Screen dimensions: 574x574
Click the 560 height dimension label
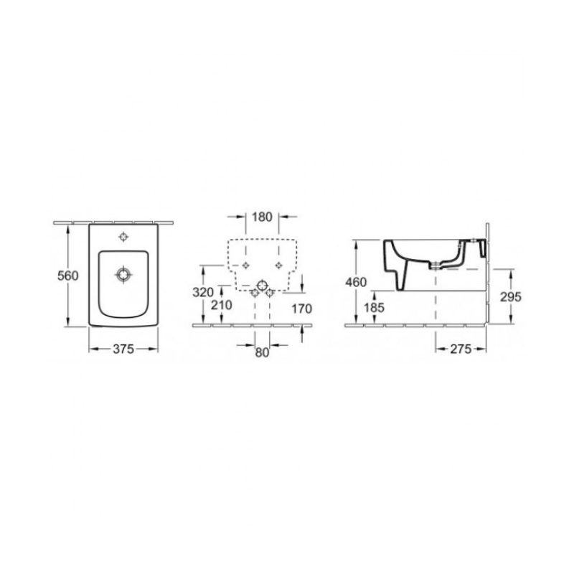point(68,276)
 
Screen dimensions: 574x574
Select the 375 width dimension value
point(123,349)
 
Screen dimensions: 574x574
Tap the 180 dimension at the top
point(262,217)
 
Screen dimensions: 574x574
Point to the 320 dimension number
point(203,292)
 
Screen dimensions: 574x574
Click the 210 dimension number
point(222,304)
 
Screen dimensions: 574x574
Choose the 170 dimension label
point(301,309)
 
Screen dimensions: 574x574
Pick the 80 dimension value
point(262,352)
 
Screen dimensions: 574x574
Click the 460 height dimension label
point(356,282)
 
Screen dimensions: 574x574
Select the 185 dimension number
point(374,308)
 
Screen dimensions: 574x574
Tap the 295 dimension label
point(511,297)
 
